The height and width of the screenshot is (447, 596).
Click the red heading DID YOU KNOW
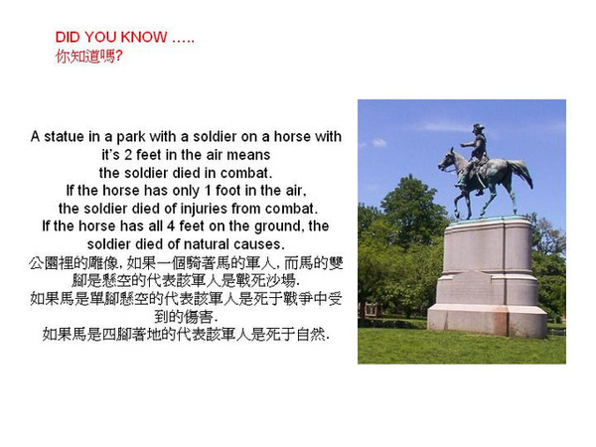click(111, 37)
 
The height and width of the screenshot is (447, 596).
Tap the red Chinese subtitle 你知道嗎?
click(89, 57)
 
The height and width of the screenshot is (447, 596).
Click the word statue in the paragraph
click(64, 136)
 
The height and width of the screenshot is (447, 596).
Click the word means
click(248, 155)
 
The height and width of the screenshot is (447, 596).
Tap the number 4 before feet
click(171, 226)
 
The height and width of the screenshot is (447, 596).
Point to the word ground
click(279, 226)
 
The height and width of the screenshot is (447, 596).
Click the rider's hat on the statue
click(478, 127)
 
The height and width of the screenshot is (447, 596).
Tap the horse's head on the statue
click(446, 160)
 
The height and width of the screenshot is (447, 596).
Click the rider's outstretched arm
click(468, 144)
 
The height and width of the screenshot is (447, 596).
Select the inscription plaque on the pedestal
click(471, 288)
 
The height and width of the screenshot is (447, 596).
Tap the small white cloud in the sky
click(378, 142)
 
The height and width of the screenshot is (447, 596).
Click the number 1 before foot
click(208, 191)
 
